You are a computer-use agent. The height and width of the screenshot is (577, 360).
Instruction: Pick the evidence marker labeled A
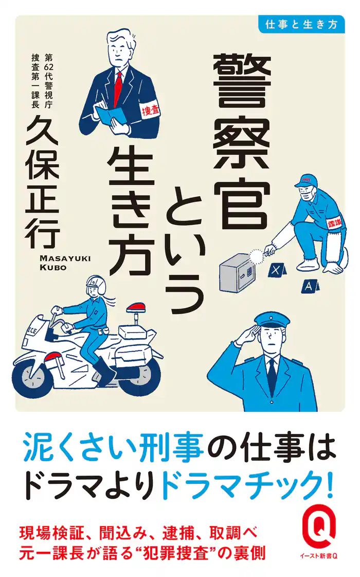tap(308, 285)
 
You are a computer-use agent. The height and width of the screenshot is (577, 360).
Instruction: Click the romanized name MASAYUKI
tap(61, 257)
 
